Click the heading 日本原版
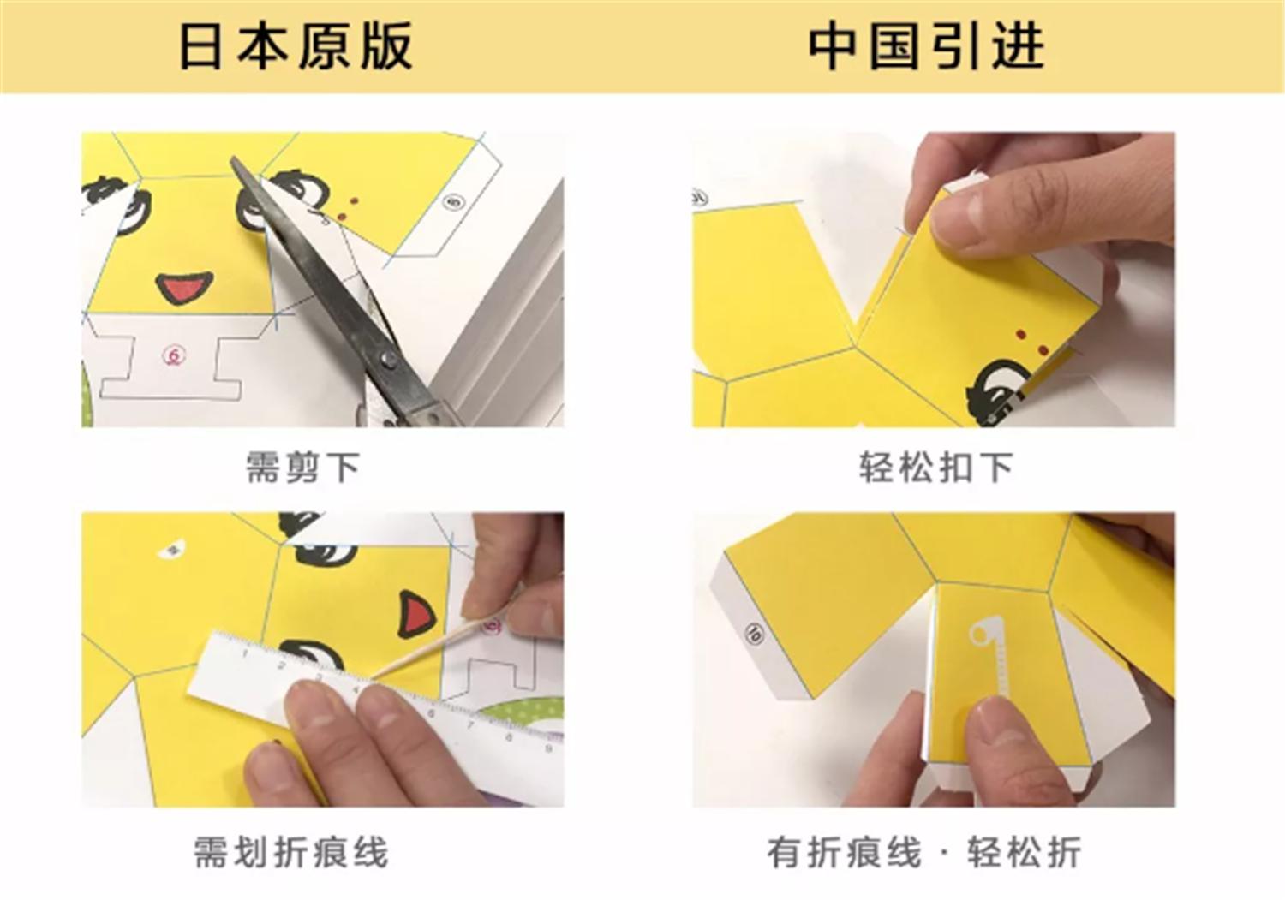[296, 45]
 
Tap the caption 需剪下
[302, 468]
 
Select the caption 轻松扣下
[935, 468]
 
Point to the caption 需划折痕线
[291, 852]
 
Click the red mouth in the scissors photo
[183, 288]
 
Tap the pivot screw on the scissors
[388, 361]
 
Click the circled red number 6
[174, 355]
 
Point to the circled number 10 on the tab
[754, 633]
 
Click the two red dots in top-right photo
[1031, 341]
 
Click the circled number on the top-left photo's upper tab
[453, 202]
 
